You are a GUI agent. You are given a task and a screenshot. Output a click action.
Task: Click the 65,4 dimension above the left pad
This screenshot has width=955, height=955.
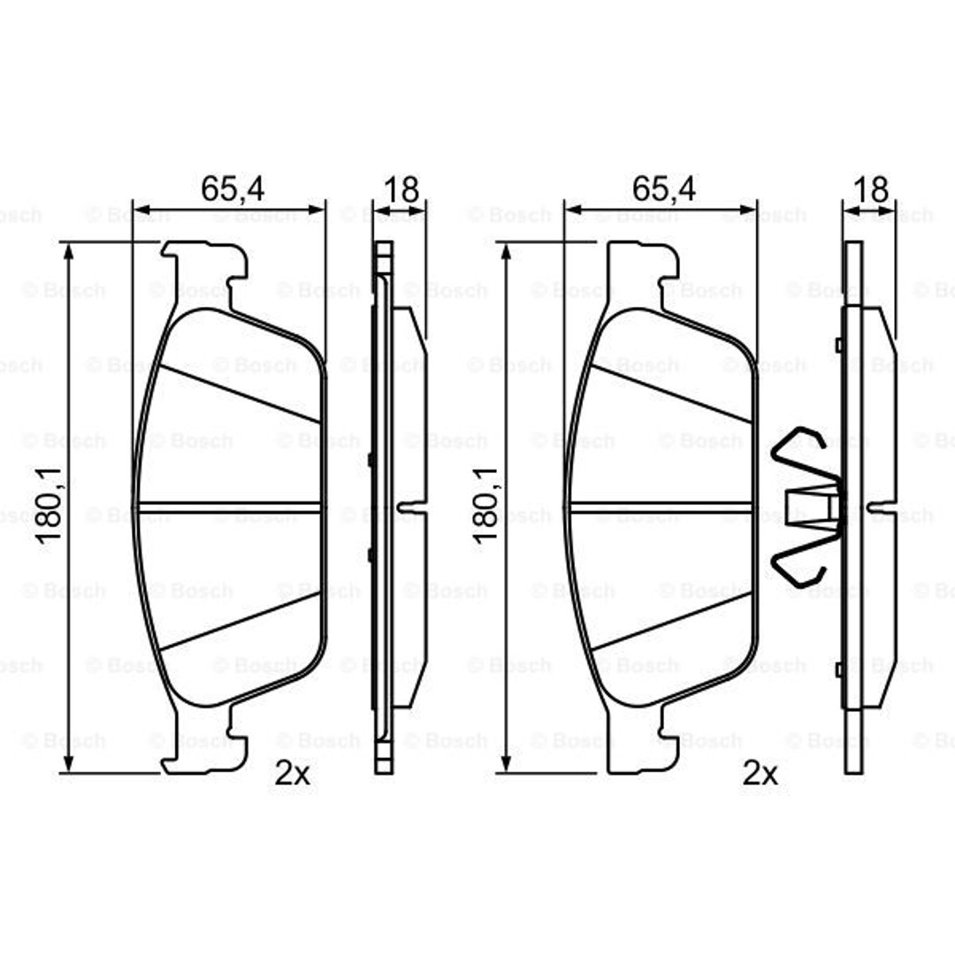point(233,189)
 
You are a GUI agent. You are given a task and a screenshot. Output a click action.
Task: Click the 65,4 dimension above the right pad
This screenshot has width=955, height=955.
point(664,189)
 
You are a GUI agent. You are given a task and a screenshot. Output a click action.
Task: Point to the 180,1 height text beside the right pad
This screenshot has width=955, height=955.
point(485,505)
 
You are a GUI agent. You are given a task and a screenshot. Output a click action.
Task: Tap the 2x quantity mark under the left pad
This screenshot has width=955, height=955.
point(293,774)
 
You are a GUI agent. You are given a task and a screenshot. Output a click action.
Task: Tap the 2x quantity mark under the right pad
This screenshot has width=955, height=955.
point(760,774)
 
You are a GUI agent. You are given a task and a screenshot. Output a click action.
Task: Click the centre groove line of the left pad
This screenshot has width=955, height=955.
point(230,506)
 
